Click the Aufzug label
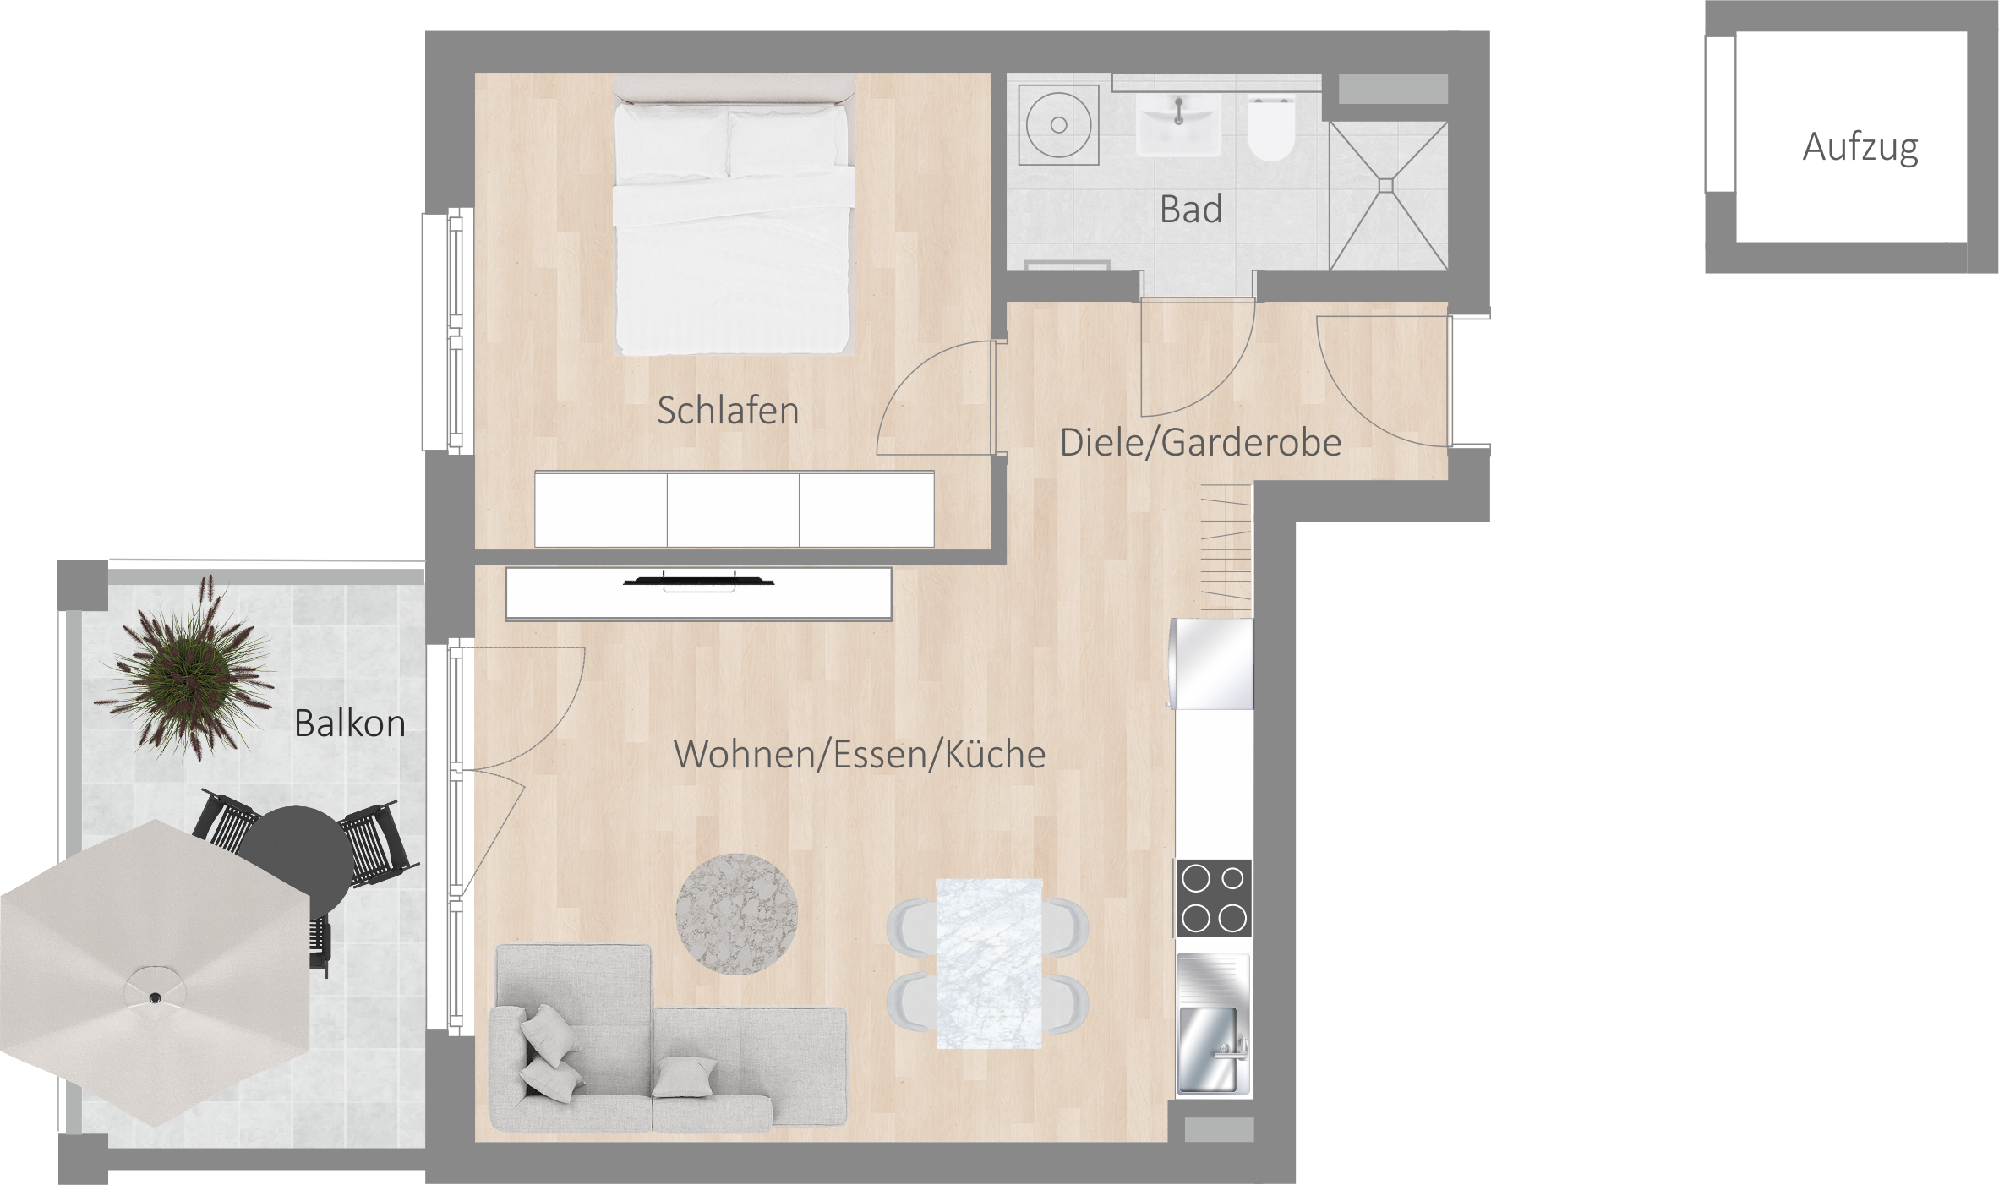coord(1860,148)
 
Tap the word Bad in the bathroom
coord(1191,209)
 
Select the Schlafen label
coord(728,411)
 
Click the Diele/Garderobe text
coord(1200,443)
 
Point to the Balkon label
coord(350,724)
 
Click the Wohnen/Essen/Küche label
coord(860,754)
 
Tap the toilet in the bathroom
coord(1270,128)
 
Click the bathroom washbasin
coord(1178,124)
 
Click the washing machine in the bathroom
coord(1058,125)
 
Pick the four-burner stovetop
coord(1214,898)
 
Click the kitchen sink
coord(1214,1024)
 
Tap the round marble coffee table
coord(737,914)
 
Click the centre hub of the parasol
coord(155,997)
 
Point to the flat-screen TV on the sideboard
coord(698,580)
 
